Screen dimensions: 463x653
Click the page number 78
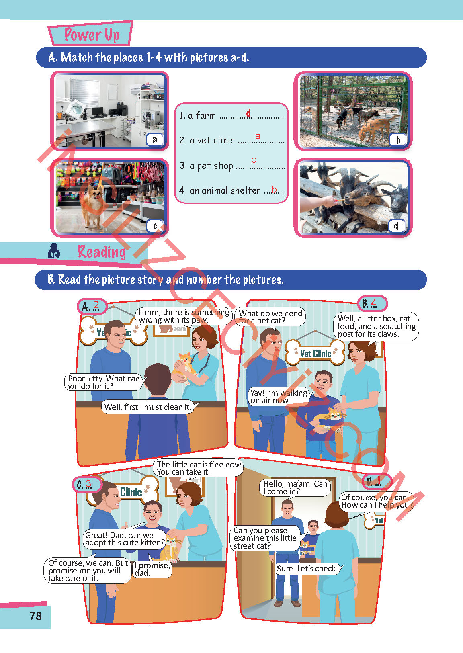point(36,616)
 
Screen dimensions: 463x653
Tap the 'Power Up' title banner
point(91,33)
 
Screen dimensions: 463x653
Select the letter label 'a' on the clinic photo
point(155,139)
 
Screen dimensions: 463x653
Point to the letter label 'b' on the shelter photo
point(398,139)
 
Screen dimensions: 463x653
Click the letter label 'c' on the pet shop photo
point(155,226)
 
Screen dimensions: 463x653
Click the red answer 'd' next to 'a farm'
point(248,113)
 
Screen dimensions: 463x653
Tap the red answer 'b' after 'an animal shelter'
point(274,189)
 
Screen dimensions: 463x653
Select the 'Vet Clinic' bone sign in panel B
point(315,353)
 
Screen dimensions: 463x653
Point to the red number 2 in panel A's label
point(96,305)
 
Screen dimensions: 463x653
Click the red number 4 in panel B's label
point(373,303)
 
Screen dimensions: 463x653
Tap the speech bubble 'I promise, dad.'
point(152,569)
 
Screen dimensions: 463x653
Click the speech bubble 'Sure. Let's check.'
point(307,569)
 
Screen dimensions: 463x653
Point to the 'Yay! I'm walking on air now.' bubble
point(279,396)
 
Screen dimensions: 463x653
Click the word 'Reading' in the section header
point(102,252)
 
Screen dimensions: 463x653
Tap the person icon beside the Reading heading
point(54,250)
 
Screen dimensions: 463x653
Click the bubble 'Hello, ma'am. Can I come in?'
point(295,488)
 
